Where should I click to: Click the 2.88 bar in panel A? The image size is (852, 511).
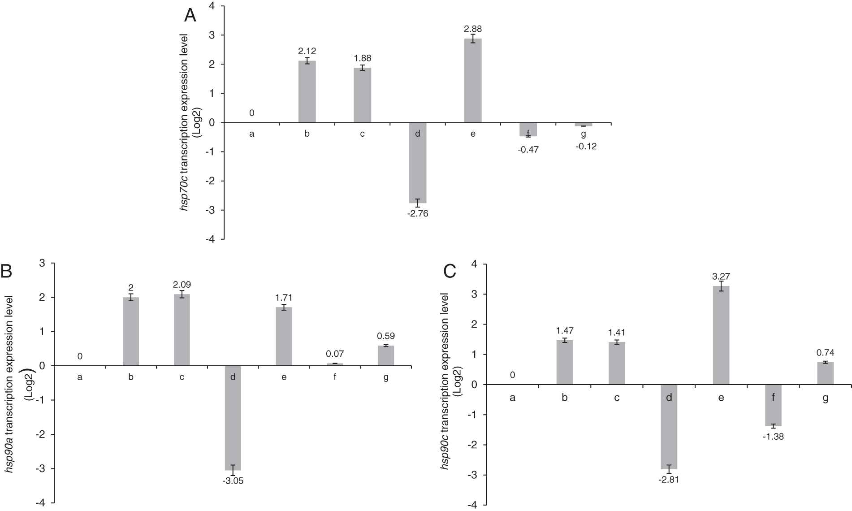point(472,81)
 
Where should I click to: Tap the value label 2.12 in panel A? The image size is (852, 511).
point(307,52)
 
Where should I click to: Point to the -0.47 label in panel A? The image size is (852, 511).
point(528,150)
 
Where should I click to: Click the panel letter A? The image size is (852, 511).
point(190,16)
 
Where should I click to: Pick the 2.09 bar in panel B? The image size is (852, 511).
point(182,330)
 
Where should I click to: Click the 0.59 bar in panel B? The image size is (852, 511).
point(386,355)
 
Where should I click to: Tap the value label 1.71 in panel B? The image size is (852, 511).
point(284,298)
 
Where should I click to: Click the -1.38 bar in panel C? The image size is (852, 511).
point(773,405)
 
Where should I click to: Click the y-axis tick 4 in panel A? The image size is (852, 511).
point(212,6)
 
